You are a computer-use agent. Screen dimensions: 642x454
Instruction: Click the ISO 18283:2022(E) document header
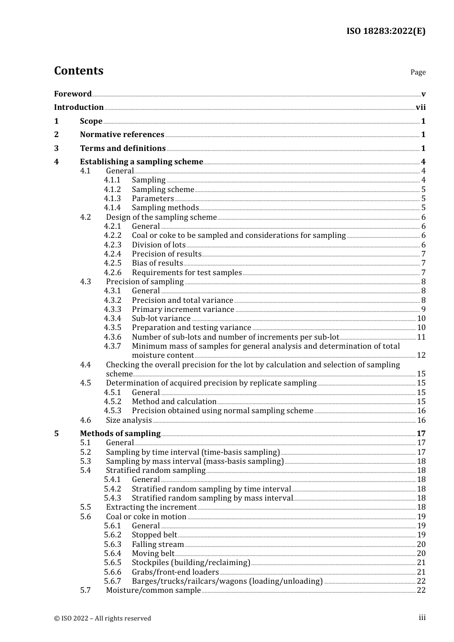(386, 31)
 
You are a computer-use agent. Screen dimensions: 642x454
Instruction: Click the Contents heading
(78, 71)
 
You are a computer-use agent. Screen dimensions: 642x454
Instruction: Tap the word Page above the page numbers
(418, 72)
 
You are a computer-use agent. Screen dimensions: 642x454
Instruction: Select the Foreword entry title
(73, 94)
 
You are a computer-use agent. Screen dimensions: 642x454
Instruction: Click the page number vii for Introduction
(421, 107)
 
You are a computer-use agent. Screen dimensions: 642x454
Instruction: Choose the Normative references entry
(122, 135)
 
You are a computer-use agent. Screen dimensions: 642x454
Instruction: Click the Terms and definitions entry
(123, 149)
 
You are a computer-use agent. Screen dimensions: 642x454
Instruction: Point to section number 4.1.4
(112, 208)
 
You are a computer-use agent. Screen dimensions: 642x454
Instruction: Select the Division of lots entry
(159, 245)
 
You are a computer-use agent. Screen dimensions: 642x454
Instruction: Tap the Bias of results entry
(157, 263)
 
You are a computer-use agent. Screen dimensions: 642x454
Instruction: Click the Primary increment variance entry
(183, 310)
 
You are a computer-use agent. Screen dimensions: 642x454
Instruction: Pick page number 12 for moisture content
(421, 355)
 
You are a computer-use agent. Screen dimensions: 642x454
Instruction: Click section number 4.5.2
(112, 402)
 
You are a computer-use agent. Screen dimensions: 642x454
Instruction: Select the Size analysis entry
(129, 420)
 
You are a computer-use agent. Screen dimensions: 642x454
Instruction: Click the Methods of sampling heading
(120, 434)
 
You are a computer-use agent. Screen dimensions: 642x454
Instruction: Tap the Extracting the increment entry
(151, 507)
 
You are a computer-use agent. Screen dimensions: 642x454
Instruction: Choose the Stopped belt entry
(154, 535)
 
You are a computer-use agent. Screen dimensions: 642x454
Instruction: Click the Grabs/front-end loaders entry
(175, 572)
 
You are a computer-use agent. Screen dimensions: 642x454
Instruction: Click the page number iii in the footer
(422, 618)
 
